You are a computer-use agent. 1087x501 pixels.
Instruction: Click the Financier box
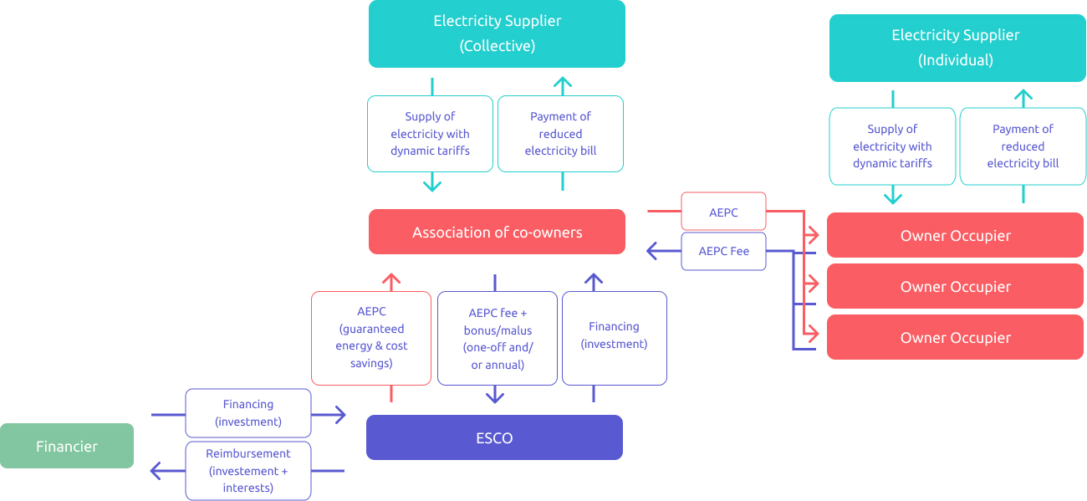(x=67, y=446)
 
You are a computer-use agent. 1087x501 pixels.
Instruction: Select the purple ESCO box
(x=494, y=437)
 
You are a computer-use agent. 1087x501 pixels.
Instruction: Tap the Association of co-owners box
(x=497, y=232)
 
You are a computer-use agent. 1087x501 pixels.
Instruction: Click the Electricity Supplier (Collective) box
(x=497, y=34)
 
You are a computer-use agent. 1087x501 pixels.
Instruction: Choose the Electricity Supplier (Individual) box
(x=957, y=48)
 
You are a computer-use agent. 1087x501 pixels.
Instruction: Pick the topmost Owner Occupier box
(x=955, y=235)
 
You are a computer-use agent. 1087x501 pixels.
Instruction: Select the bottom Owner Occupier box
(x=955, y=337)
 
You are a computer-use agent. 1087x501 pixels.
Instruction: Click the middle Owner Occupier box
(x=955, y=286)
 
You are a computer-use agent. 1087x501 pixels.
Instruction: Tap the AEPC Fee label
(x=723, y=251)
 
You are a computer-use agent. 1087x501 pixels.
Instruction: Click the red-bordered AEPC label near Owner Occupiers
(x=723, y=212)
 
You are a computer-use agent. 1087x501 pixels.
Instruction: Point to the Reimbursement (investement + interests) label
(x=248, y=471)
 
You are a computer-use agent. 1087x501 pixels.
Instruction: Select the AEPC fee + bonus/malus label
(x=498, y=339)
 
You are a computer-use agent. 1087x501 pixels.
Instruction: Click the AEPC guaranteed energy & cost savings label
(x=371, y=337)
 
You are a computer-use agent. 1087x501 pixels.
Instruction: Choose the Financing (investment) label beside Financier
(x=248, y=413)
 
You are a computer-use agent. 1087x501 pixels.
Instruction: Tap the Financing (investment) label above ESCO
(x=614, y=335)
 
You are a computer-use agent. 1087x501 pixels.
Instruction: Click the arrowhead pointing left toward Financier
(x=156, y=471)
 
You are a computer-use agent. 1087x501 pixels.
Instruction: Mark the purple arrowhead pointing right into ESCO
(x=339, y=414)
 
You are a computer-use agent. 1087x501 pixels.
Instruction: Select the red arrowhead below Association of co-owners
(x=391, y=280)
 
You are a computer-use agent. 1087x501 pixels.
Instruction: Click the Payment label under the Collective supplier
(x=560, y=134)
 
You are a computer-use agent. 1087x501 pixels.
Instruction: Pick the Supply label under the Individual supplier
(x=892, y=146)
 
